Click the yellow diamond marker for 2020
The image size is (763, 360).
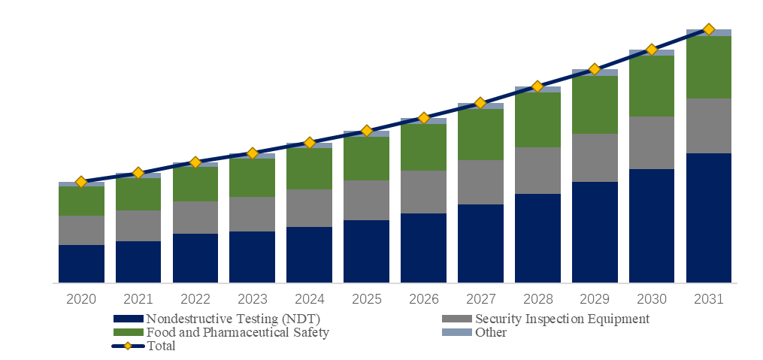click(81, 182)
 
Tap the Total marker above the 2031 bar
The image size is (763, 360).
click(709, 29)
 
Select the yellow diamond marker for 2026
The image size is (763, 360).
click(424, 118)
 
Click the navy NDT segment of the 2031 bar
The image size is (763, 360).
click(709, 218)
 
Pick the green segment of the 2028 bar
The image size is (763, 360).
click(537, 119)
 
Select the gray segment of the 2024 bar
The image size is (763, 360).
click(309, 208)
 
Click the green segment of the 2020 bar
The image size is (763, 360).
click(81, 201)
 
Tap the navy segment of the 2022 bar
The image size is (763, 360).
click(195, 259)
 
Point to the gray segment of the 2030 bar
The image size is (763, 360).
click(652, 143)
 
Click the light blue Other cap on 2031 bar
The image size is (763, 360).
click(709, 32)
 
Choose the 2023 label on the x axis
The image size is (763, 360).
click(252, 298)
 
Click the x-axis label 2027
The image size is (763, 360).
click(480, 298)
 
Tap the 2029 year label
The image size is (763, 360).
click(595, 298)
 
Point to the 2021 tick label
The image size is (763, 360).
click(138, 298)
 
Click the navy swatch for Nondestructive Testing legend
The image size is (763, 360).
click(129, 319)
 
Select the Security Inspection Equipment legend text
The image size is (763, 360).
click(562, 319)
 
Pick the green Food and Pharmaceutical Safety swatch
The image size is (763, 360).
click(129, 332)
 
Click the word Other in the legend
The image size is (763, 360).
click(491, 333)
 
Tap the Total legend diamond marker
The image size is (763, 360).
click(128, 346)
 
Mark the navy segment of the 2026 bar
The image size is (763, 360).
click(423, 248)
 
